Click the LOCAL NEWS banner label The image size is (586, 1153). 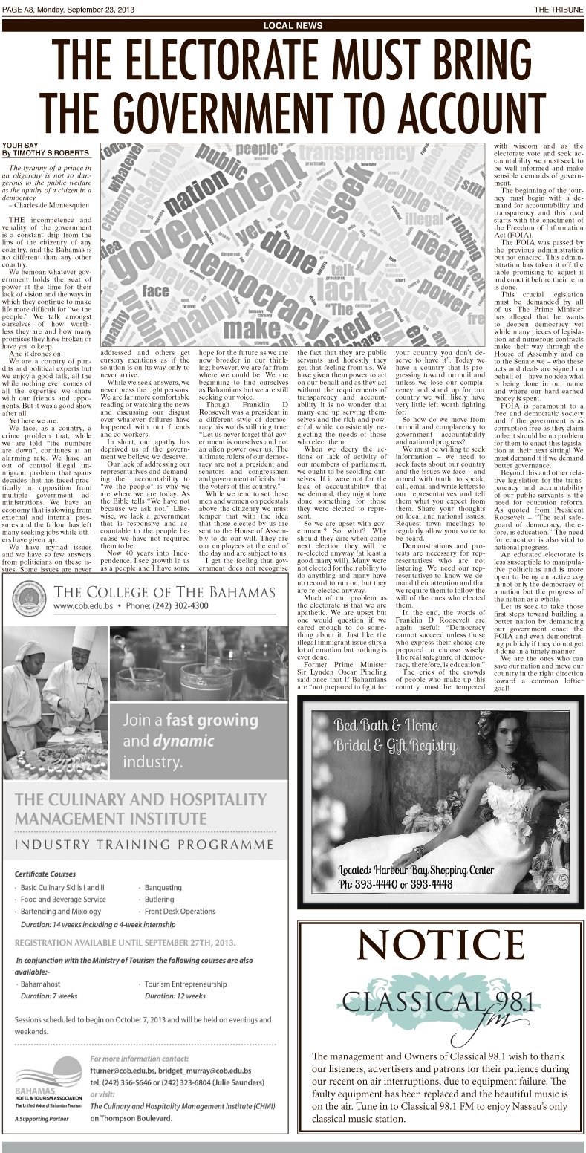293,25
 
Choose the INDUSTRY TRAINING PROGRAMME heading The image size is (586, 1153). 145,845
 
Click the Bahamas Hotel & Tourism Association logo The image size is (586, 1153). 42,1087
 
